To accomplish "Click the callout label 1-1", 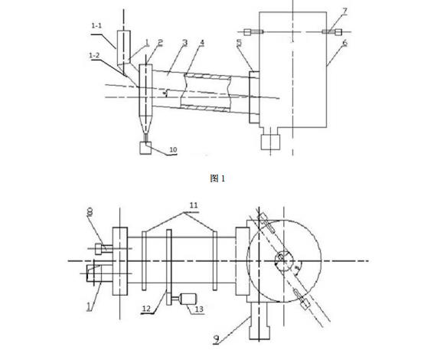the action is click(x=96, y=26).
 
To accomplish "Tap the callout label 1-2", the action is click(x=94, y=56).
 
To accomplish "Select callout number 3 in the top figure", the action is click(x=185, y=43).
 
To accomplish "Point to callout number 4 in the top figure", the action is click(x=202, y=43).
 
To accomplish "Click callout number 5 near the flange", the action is click(x=239, y=43).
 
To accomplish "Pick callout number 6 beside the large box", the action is click(x=345, y=43).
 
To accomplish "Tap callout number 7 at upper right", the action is click(x=345, y=11).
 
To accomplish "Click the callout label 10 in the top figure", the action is click(x=173, y=150).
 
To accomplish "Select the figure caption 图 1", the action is click(x=217, y=178).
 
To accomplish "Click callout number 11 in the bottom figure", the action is click(x=194, y=205).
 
